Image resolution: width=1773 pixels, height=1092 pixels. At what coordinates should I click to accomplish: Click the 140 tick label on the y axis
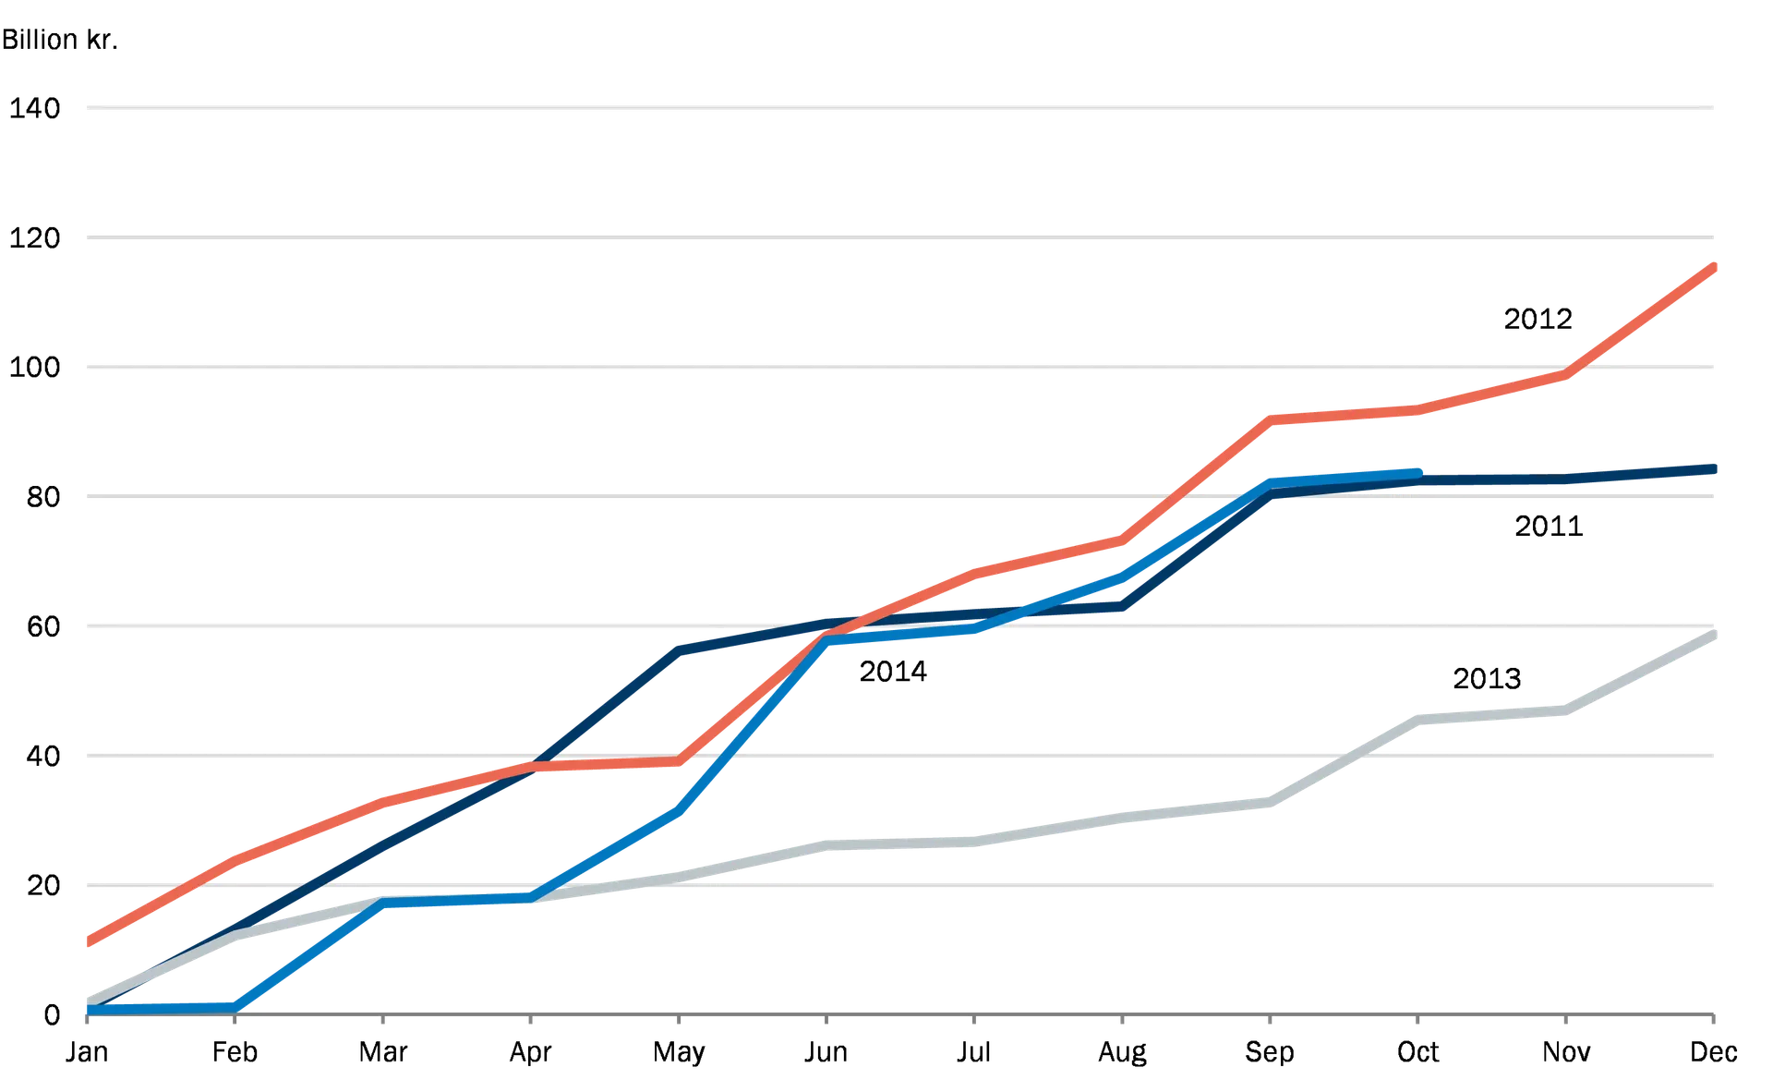point(37,111)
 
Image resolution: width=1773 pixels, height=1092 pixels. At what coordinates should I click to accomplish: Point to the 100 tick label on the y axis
point(37,369)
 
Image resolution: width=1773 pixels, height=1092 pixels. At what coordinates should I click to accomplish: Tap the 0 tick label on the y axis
point(51,1013)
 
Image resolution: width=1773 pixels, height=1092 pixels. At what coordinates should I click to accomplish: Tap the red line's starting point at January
point(86,944)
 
